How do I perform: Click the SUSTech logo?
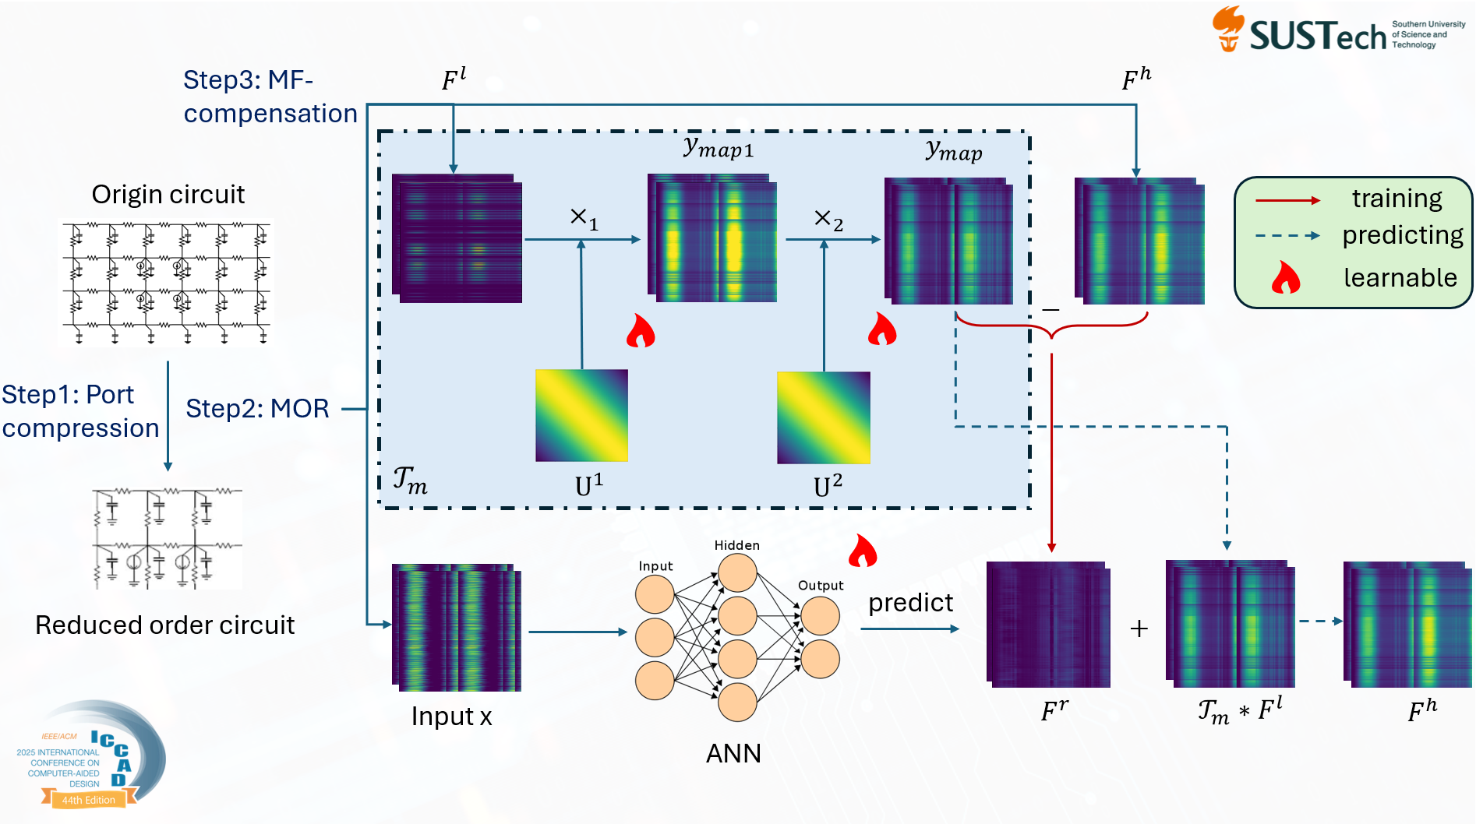tap(1337, 31)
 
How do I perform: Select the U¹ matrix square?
tap(581, 415)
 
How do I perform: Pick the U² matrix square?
tap(824, 417)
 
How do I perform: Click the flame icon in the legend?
tap(1286, 277)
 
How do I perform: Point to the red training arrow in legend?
tap(1287, 200)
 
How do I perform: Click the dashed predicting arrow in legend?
tap(1287, 235)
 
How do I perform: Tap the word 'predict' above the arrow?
tap(910, 603)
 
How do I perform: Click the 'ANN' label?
tap(733, 753)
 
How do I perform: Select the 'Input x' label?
tap(451, 717)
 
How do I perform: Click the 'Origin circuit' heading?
tap(168, 194)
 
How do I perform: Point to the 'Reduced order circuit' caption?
tap(164, 625)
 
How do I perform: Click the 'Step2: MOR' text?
tap(257, 409)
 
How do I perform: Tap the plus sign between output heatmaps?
tap(1139, 629)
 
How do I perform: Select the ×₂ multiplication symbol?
tap(828, 220)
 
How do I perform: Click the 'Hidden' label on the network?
tap(736, 545)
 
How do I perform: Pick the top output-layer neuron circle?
tap(820, 616)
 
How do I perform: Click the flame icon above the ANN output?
tap(863, 551)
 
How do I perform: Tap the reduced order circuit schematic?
tap(167, 538)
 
